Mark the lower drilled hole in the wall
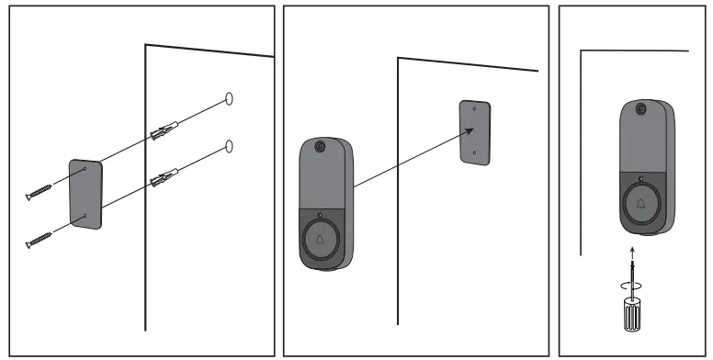229,145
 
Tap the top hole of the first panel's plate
84,169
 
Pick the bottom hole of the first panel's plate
83,216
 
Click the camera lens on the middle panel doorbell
320,147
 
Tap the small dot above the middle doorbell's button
319,216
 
